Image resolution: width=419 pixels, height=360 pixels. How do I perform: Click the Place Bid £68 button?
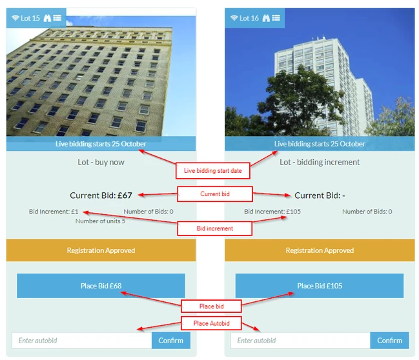[101, 286]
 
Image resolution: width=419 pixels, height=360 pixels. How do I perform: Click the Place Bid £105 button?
[319, 286]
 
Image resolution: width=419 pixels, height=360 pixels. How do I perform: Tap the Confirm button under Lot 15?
[171, 340]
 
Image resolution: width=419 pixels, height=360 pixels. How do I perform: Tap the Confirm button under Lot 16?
[389, 340]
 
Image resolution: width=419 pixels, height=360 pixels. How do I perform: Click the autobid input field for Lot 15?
[81, 340]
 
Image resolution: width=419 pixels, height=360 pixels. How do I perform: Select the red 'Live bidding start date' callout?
[212, 171]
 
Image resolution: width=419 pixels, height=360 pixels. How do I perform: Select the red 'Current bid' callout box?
[214, 194]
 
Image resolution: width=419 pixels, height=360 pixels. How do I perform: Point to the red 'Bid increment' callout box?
[214, 228]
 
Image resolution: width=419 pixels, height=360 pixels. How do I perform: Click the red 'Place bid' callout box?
[211, 306]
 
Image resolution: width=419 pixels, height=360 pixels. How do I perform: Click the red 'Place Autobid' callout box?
[211, 323]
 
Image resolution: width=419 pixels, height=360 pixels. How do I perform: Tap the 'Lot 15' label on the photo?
[30, 18]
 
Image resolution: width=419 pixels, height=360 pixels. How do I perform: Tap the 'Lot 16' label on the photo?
[249, 18]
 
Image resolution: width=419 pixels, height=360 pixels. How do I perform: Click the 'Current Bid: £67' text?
[101, 195]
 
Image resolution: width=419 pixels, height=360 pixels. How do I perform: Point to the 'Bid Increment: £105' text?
[272, 212]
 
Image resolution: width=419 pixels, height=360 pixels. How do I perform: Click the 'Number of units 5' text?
[100, 221]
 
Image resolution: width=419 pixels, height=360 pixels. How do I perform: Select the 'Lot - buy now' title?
[101, 162]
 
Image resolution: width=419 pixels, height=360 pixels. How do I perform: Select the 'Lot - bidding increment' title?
[320, 162]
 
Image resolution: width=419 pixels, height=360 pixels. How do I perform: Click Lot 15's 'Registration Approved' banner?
[101, 250]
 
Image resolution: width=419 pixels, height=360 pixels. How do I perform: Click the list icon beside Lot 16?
[276, 18]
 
